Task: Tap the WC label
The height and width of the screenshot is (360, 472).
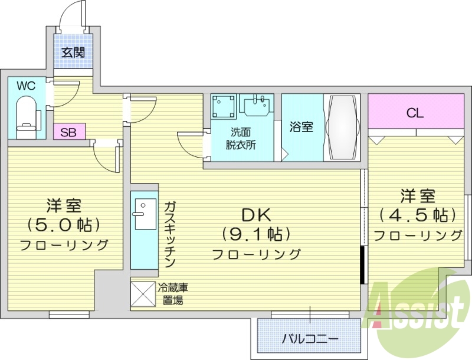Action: coord(25,86)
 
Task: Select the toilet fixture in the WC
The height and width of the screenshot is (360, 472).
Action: coord(25,114)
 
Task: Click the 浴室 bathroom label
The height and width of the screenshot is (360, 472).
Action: coord(301,126)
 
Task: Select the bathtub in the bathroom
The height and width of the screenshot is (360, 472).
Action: coord(342,127)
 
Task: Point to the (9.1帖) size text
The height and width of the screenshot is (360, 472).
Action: coord(255,234)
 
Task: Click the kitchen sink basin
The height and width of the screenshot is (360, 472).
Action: coord(144,212)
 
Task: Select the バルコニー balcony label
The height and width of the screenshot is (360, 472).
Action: coord(309,339)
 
